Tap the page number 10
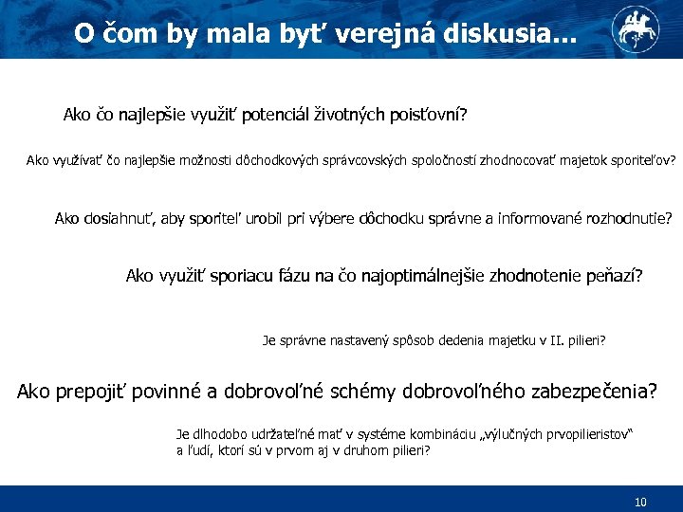tap(640, 502)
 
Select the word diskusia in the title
tap(493, 33)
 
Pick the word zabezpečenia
tap(580, 391)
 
